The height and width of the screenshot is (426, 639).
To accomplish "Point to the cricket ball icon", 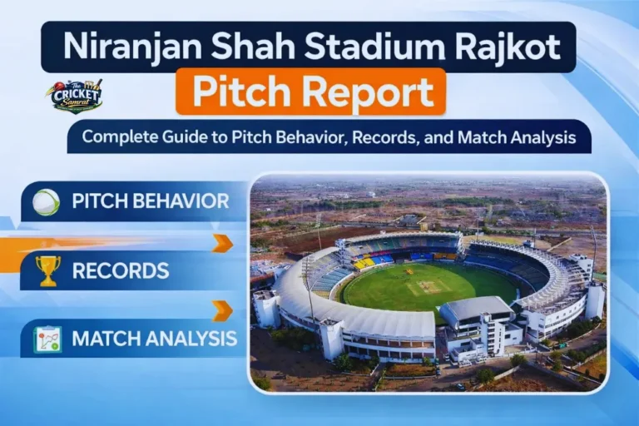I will (x=47, y=202).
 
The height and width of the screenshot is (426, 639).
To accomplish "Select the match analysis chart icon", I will (x=47, y=339).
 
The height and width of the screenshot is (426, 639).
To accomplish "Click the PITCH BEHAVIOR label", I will (x=150, y=202).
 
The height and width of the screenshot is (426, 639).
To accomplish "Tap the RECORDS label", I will (x=121, y=270).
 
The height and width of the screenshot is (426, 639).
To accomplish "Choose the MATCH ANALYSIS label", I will (x=154, y=339).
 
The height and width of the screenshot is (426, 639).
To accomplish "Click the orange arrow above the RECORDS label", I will (x=222, y=243).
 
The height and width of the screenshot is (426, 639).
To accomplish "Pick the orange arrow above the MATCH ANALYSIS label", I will (x=222, y=310).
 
